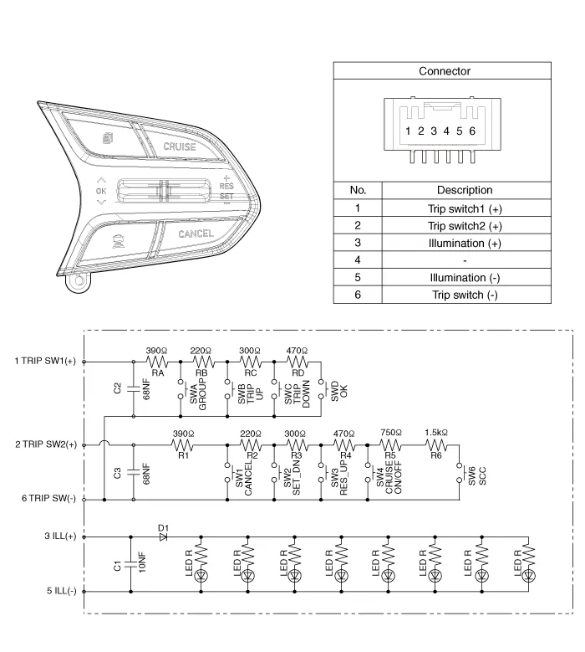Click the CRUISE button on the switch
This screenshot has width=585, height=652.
point(180,146)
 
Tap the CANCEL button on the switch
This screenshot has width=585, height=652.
point(196,234)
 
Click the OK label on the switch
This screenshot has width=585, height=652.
point(101,192)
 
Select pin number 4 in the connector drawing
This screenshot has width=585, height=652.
point(446,131)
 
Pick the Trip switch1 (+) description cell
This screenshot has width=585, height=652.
point(465,208)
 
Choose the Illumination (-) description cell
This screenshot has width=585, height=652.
point(465,278)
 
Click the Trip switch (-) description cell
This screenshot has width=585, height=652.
point(465,295)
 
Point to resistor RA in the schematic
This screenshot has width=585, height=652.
point(157,362)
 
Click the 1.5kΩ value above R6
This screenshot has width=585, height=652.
point(435,434)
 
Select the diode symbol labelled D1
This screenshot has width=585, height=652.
point(164,536)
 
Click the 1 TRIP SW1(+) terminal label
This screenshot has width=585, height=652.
point(46,362)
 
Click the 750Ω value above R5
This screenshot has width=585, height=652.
point(389,434)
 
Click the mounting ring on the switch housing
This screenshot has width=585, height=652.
point(79,281)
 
